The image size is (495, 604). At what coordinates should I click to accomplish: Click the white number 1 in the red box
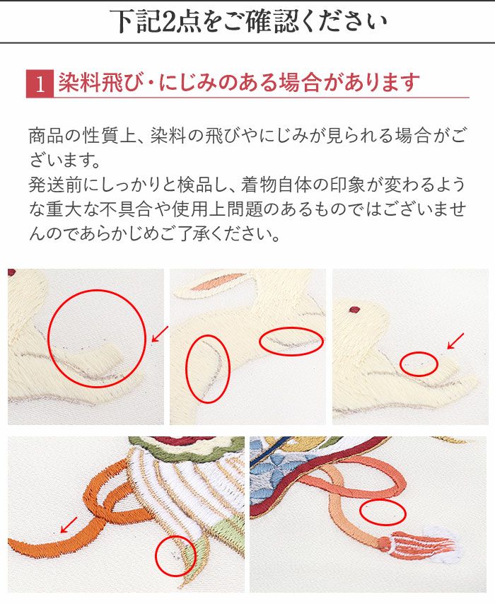(40, 84)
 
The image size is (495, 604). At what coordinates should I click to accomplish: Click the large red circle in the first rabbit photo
(97, 339)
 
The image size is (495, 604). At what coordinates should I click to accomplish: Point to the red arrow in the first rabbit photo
(161, 334)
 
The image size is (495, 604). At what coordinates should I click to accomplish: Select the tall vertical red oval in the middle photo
(208, 369)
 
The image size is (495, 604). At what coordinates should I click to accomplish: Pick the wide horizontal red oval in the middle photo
(291, 341)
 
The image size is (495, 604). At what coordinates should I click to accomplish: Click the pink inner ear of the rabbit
(217, 283)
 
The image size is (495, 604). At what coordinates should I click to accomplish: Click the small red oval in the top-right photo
(419, 364)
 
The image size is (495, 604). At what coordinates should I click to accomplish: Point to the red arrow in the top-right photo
(455, 341)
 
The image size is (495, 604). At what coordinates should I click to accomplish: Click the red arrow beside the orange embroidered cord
(69, 525)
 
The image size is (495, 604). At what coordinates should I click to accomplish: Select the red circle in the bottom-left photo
(175, 556)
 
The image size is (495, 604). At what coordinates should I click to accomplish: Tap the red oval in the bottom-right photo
(383, 512)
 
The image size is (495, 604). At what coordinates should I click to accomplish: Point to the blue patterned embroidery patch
(269, 474)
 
